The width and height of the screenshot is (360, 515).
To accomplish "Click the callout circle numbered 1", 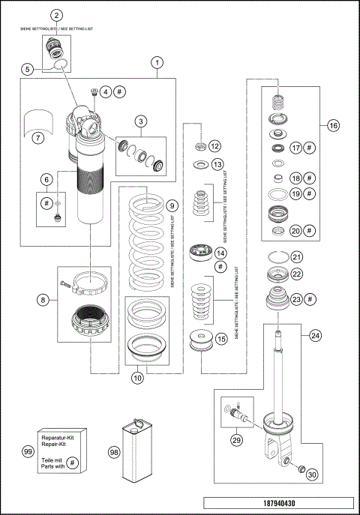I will pos(156,63).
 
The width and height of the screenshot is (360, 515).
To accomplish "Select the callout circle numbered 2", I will pos(58,15).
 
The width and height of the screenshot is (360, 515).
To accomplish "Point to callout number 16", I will pos(334,126).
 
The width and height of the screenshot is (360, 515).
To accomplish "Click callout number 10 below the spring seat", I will pos(137,379).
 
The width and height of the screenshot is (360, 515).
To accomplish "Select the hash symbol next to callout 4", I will pos(121,91).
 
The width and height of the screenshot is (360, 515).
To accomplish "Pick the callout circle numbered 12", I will pos(215,145).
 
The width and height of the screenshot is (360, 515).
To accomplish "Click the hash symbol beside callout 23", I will pos(311,300).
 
